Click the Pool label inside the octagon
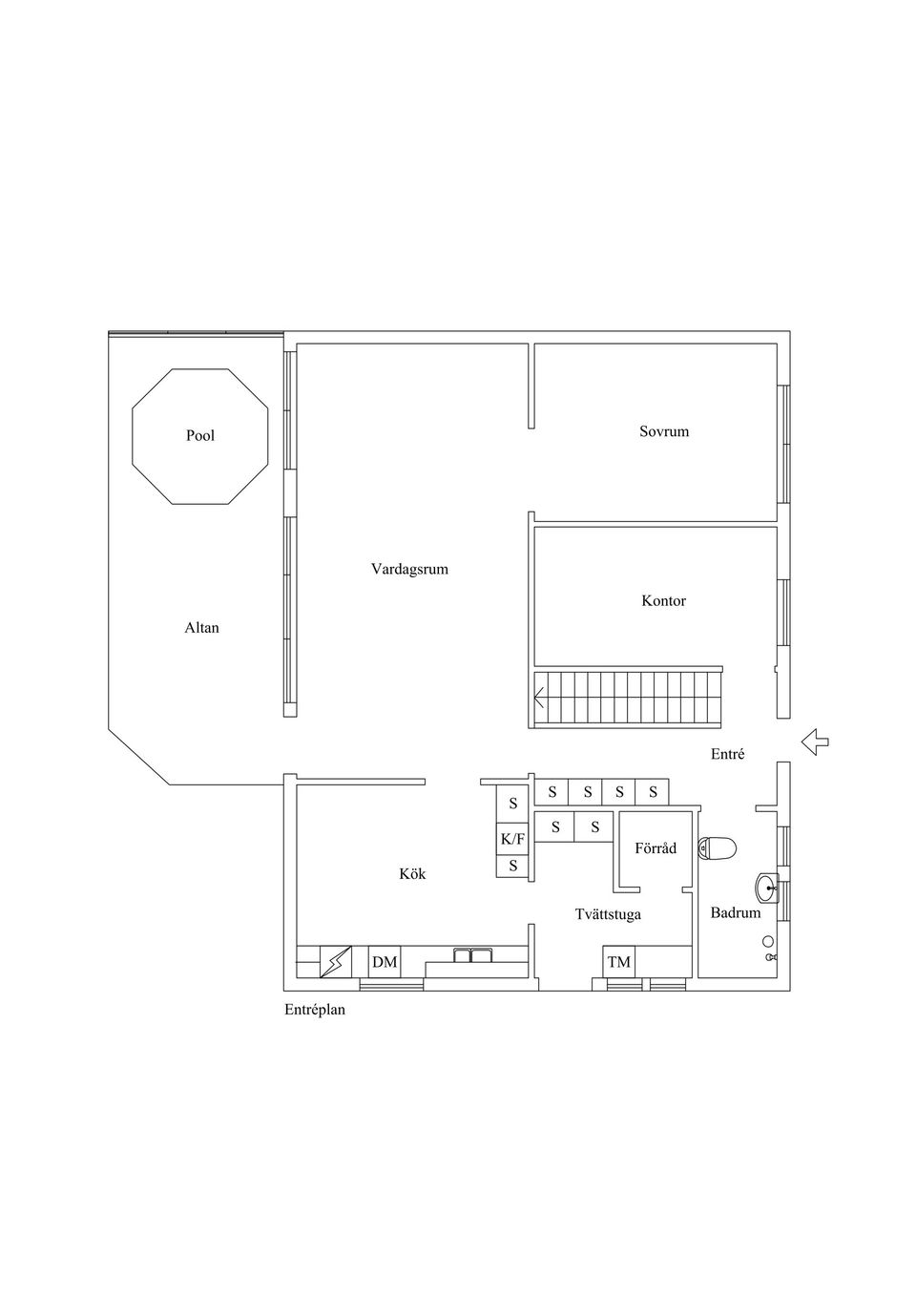(x=200, y=435)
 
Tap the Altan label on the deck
(x=202, y=628)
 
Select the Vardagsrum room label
(x=409, y=570)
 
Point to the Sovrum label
(x=664, y=431)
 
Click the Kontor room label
(x=664, y=601)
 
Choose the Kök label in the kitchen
(x=412, y=873)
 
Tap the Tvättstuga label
(x=608, y=914)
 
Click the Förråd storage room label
(x=656, y=848)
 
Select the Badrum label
(x=735, y=913)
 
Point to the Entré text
(x=727, y=755)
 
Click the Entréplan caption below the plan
(x=315, y=1011)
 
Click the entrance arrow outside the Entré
(x=816, y=742)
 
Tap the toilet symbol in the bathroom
(x=718, y=848)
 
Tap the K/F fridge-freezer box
(x=512, y=839)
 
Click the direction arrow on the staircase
(x=539, y=698)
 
